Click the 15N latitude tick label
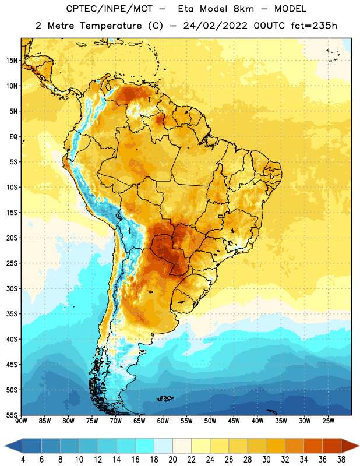pyautogui.click(x=12, y=61)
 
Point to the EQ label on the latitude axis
pyautogui.click(x=13, y=137)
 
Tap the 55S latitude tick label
pyautogui.click(x=12, y=415)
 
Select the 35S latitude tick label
pyautogui.click(x=12, y=314)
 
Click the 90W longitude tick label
pyautogui.click(x=21, y=421)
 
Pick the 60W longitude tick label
pyautogui.click(x=163, y=421)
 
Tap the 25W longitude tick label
pyautogui.click(x=328, y=421)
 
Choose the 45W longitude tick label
pyautogui.click(x=234, y=421)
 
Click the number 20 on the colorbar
pyautogui.click(x=172, y=460)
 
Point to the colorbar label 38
pyautogui.click(x=341, y=460)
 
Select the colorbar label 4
pyautogui.click(x=23, y=460)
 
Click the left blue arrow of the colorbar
pyautogui.click(x=14, y=446)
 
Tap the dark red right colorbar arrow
pyautogui.click(x=351, y=446)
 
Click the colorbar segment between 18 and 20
pyautogui.click(x=164, y=446)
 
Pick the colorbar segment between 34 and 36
pyautogui.click(x=313, y=446)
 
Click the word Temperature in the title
pyautogui.click(x=111, y=26)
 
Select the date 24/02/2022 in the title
pyautogui.click(x=215, y=26)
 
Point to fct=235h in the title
pyautogui.click(x=314, y=26)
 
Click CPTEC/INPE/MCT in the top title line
pyautogui.click(x=109, y=9)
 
